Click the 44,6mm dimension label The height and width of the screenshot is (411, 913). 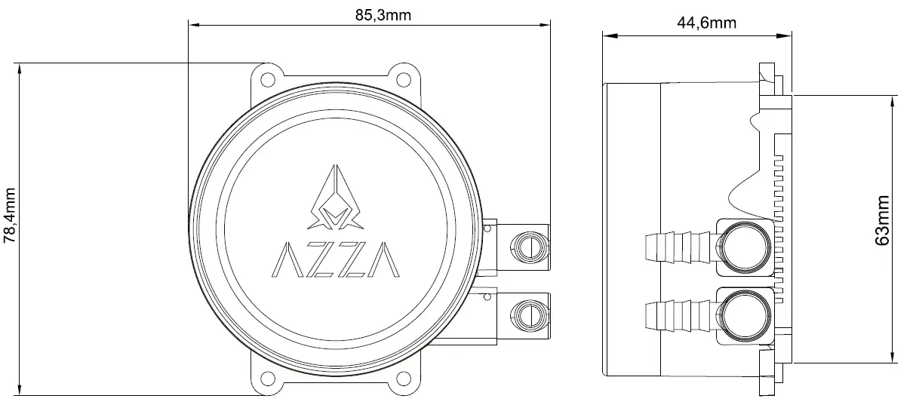(705, 23)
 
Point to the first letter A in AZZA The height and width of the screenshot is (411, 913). (285, 259)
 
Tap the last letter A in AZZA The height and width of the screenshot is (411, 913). (386, 259)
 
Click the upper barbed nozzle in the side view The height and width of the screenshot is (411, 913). (677, 247)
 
